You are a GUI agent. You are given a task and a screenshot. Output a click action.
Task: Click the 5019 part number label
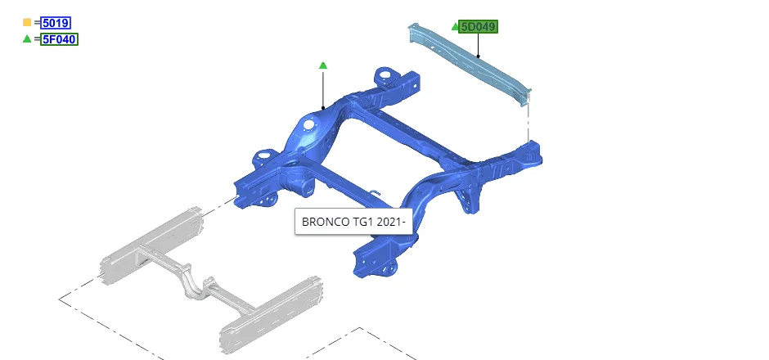56,23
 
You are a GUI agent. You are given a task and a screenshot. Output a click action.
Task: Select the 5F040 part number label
60,39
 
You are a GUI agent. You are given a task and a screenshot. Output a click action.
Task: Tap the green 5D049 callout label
479,27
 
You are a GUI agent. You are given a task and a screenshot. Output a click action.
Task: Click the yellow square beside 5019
27,22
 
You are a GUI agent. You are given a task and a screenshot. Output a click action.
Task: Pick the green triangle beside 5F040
27,38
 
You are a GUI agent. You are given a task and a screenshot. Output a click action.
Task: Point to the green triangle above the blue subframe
322,65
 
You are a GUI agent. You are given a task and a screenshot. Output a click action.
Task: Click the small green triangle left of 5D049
455,26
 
